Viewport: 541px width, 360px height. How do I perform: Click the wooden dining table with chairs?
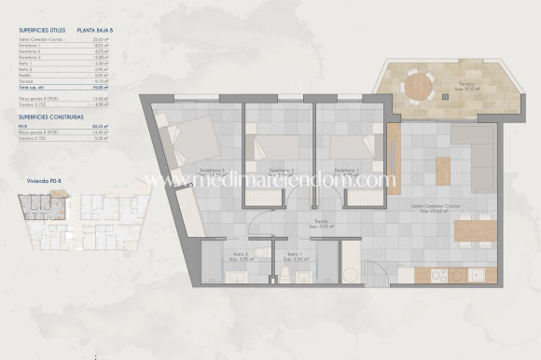coord(474,227)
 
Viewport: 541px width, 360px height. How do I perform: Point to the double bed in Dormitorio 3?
coord(190,144)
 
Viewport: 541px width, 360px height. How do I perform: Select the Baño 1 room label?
coord(295,255)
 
